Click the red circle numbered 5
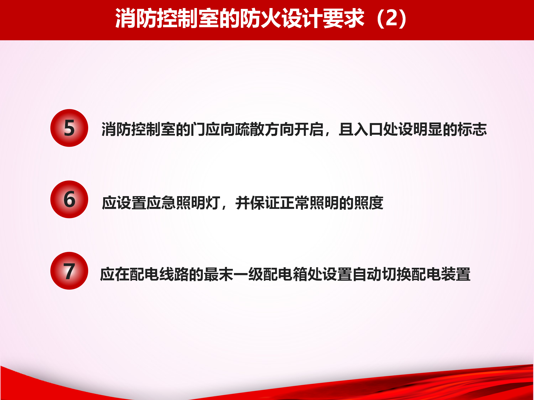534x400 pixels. [x=69, y=128]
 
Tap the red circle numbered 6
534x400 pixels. [x=69, y=199]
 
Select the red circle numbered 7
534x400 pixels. [x=69, y=271]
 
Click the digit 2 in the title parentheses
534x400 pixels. [x=392, y=18]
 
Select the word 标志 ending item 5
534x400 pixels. [x=472, y=129]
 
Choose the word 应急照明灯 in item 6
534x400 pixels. [x=183, y=203]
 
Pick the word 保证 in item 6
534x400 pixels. [x=265, y=203]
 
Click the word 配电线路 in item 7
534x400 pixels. [x=159, y=274]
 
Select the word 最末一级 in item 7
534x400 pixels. [x=233, y=274]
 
